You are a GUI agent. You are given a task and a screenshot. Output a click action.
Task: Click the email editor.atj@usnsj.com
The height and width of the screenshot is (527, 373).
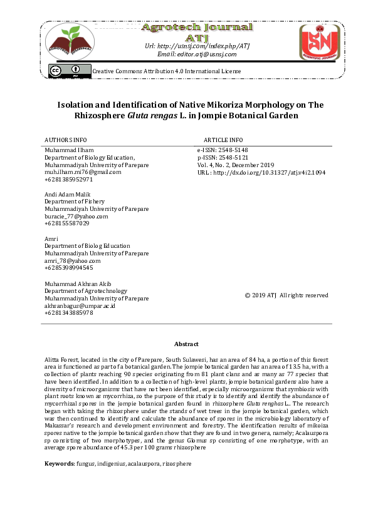197,54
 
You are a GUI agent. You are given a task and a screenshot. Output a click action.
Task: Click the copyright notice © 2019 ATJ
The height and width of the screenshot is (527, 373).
286,295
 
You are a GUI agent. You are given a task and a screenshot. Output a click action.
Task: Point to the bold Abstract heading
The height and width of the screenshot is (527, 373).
186,344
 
